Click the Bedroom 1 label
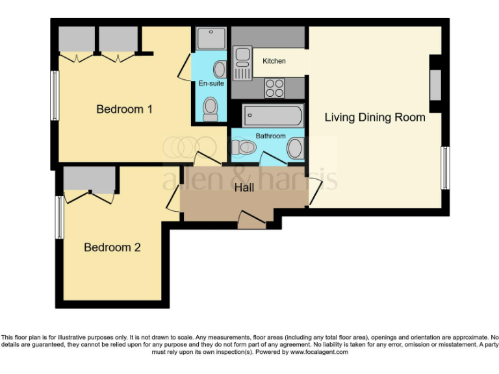click(124, 109)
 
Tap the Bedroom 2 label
click(112, 247)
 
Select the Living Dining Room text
click(375, 118)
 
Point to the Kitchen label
click(274, 61)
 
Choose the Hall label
click(244, 188)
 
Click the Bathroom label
click(270, 136)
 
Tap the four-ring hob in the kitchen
click(274, 87)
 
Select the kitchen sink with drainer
click(243, 63)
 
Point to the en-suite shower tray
click(211, 39)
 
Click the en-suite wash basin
click(220, 69)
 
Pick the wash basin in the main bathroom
click(296, 149)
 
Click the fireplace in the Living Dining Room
click(435, 84)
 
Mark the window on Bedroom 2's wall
click(59, 217)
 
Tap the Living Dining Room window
click(445, 168)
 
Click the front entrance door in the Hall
click(252, 221)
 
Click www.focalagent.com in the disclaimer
click(319, 352)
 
